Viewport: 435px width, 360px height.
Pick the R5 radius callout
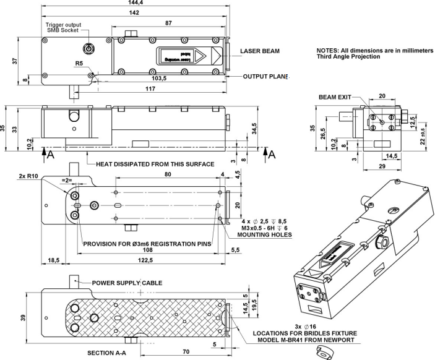(x=79, y=63)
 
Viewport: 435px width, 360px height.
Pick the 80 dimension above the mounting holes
(x=168, y=176)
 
